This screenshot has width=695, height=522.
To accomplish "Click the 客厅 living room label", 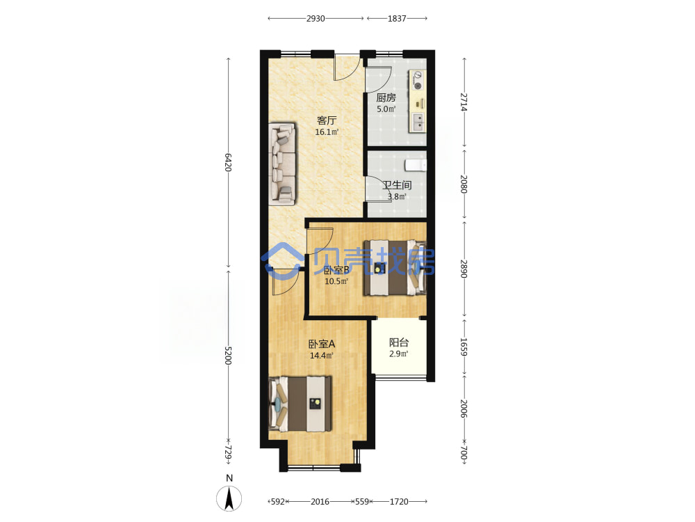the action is pos(327,120).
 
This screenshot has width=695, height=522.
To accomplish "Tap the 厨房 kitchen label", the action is pos(386,97).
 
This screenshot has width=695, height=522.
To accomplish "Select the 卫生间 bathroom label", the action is pos(397,185).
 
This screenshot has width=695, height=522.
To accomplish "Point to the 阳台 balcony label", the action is pos(399,342).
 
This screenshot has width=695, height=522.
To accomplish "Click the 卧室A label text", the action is pos(322,344).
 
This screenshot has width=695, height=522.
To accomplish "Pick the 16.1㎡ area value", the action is pos(327,132).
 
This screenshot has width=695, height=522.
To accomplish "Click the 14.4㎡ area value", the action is pos(322,355).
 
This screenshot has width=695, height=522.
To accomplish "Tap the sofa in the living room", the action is pos(282,164).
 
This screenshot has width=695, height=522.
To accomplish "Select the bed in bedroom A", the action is pos(300,404).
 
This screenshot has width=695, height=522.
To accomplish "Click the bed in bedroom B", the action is pos(395,268).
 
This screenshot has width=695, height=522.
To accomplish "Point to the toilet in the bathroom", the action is pos(416,165).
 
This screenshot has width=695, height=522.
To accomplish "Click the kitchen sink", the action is pos(418,122).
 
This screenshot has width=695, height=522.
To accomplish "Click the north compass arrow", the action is pos(229,498).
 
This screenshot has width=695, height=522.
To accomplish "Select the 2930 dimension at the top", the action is pos(316,19).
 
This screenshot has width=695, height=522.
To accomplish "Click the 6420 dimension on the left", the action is pos(228,162).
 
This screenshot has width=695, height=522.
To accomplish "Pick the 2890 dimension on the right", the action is pos(464,269).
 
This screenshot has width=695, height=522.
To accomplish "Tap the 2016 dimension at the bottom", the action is pos(320,502).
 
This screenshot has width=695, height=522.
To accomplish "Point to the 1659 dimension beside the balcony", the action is pos(464,347).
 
